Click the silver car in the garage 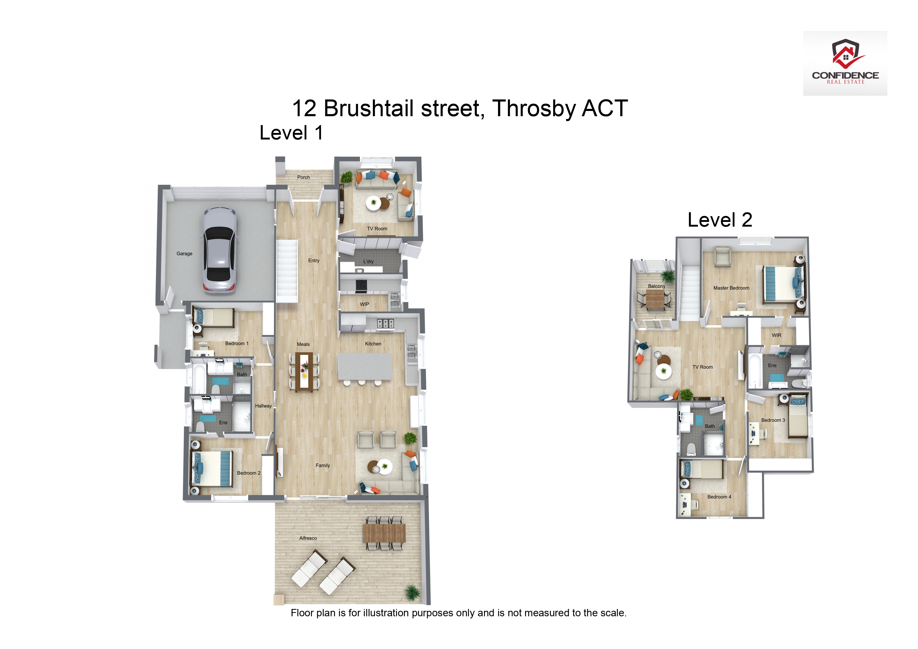tap(220, 251)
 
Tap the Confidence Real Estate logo tap(845, 63)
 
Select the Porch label tap(304, 177)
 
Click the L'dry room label tap(368, 261)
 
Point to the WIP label tap(364, 304)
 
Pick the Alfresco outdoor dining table tap(384, 533)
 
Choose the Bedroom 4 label tap(719, 497)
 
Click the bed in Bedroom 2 tap(212, 469)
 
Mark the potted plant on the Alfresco tap(412, 593)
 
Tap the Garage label tap(184, 254)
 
